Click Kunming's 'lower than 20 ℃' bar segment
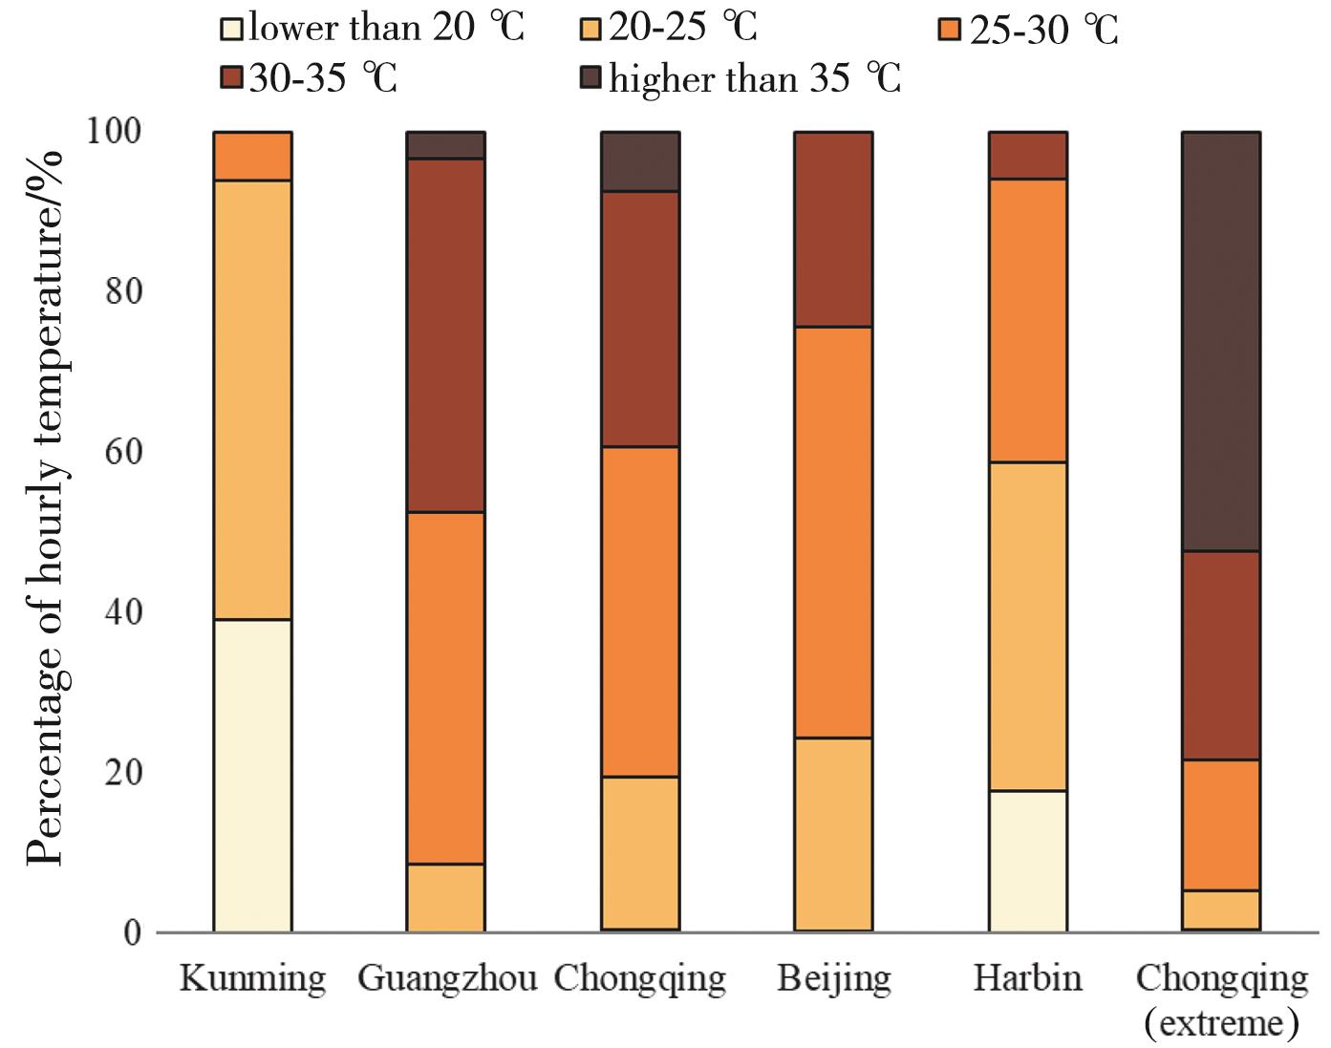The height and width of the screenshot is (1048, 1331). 252,775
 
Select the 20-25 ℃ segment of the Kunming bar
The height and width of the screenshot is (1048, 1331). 252,399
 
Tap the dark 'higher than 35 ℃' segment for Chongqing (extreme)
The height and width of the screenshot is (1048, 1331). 1221,341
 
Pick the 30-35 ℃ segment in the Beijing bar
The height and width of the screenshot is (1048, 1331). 833,229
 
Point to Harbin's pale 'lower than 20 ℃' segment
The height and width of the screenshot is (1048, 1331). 1028,861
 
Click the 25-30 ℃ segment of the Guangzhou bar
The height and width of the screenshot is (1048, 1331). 446,688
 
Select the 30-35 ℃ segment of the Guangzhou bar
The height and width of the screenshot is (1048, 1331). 446,335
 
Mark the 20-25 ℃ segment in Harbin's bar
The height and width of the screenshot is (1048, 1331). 1028,626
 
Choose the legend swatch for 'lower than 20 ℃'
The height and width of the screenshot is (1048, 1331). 231,28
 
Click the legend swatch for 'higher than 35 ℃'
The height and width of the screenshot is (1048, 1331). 591,77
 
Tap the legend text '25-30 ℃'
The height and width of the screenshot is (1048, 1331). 1043,30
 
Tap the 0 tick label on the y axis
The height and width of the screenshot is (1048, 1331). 131,932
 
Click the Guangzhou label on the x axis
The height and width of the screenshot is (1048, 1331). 446,979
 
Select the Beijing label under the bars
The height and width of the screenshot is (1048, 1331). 834,979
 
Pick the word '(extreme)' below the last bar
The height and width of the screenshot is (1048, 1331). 1221,1023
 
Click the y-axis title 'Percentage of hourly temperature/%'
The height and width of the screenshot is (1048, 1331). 45,506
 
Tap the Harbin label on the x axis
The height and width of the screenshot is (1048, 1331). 1028,978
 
